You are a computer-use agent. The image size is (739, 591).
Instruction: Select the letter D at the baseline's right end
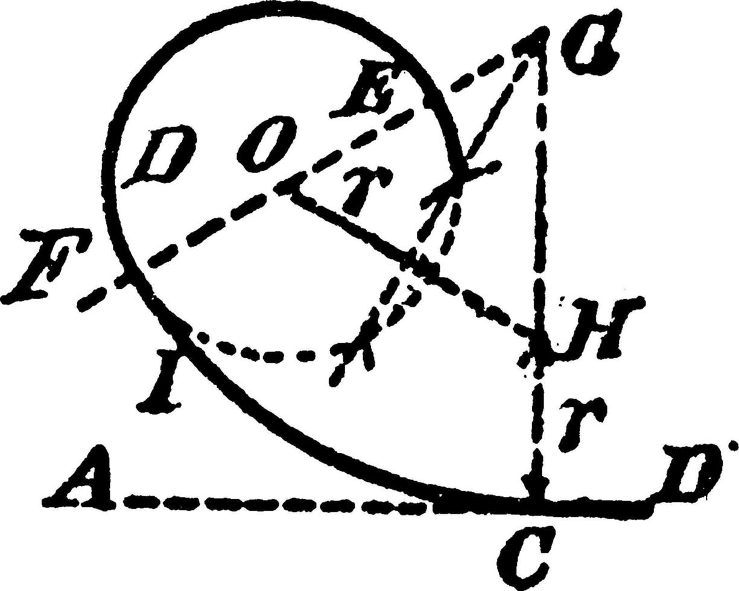click(x=691, y=470)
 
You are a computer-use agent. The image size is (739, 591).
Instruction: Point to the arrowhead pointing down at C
click(x=534, y=485)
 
